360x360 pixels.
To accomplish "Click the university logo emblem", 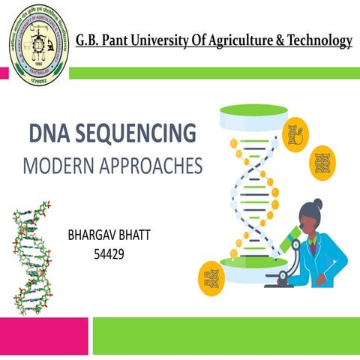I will click(x=37, y=39).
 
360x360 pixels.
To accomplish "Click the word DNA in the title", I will click(x=49, y=133).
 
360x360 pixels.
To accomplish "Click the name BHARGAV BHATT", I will click(x=108, y=235).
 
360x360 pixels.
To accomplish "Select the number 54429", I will click(x=108, y=254).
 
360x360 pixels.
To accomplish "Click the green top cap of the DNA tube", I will click(x=244, y=113).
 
